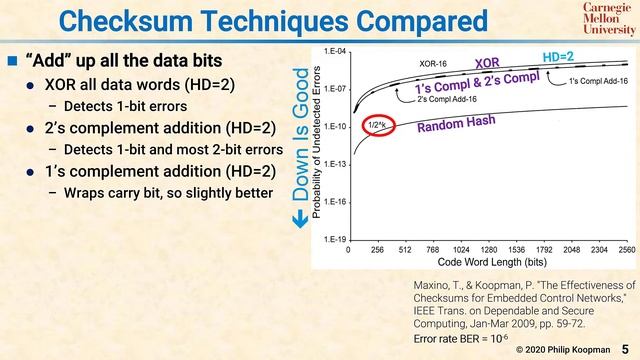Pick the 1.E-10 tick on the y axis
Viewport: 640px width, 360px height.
(334, 127)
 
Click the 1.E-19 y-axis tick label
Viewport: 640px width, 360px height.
(334, 240)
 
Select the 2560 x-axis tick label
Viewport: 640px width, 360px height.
(627, 250)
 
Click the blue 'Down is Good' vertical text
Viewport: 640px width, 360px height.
(300, 140)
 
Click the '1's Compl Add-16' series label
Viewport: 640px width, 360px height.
(597, 80)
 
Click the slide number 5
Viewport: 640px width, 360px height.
(625, 349)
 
